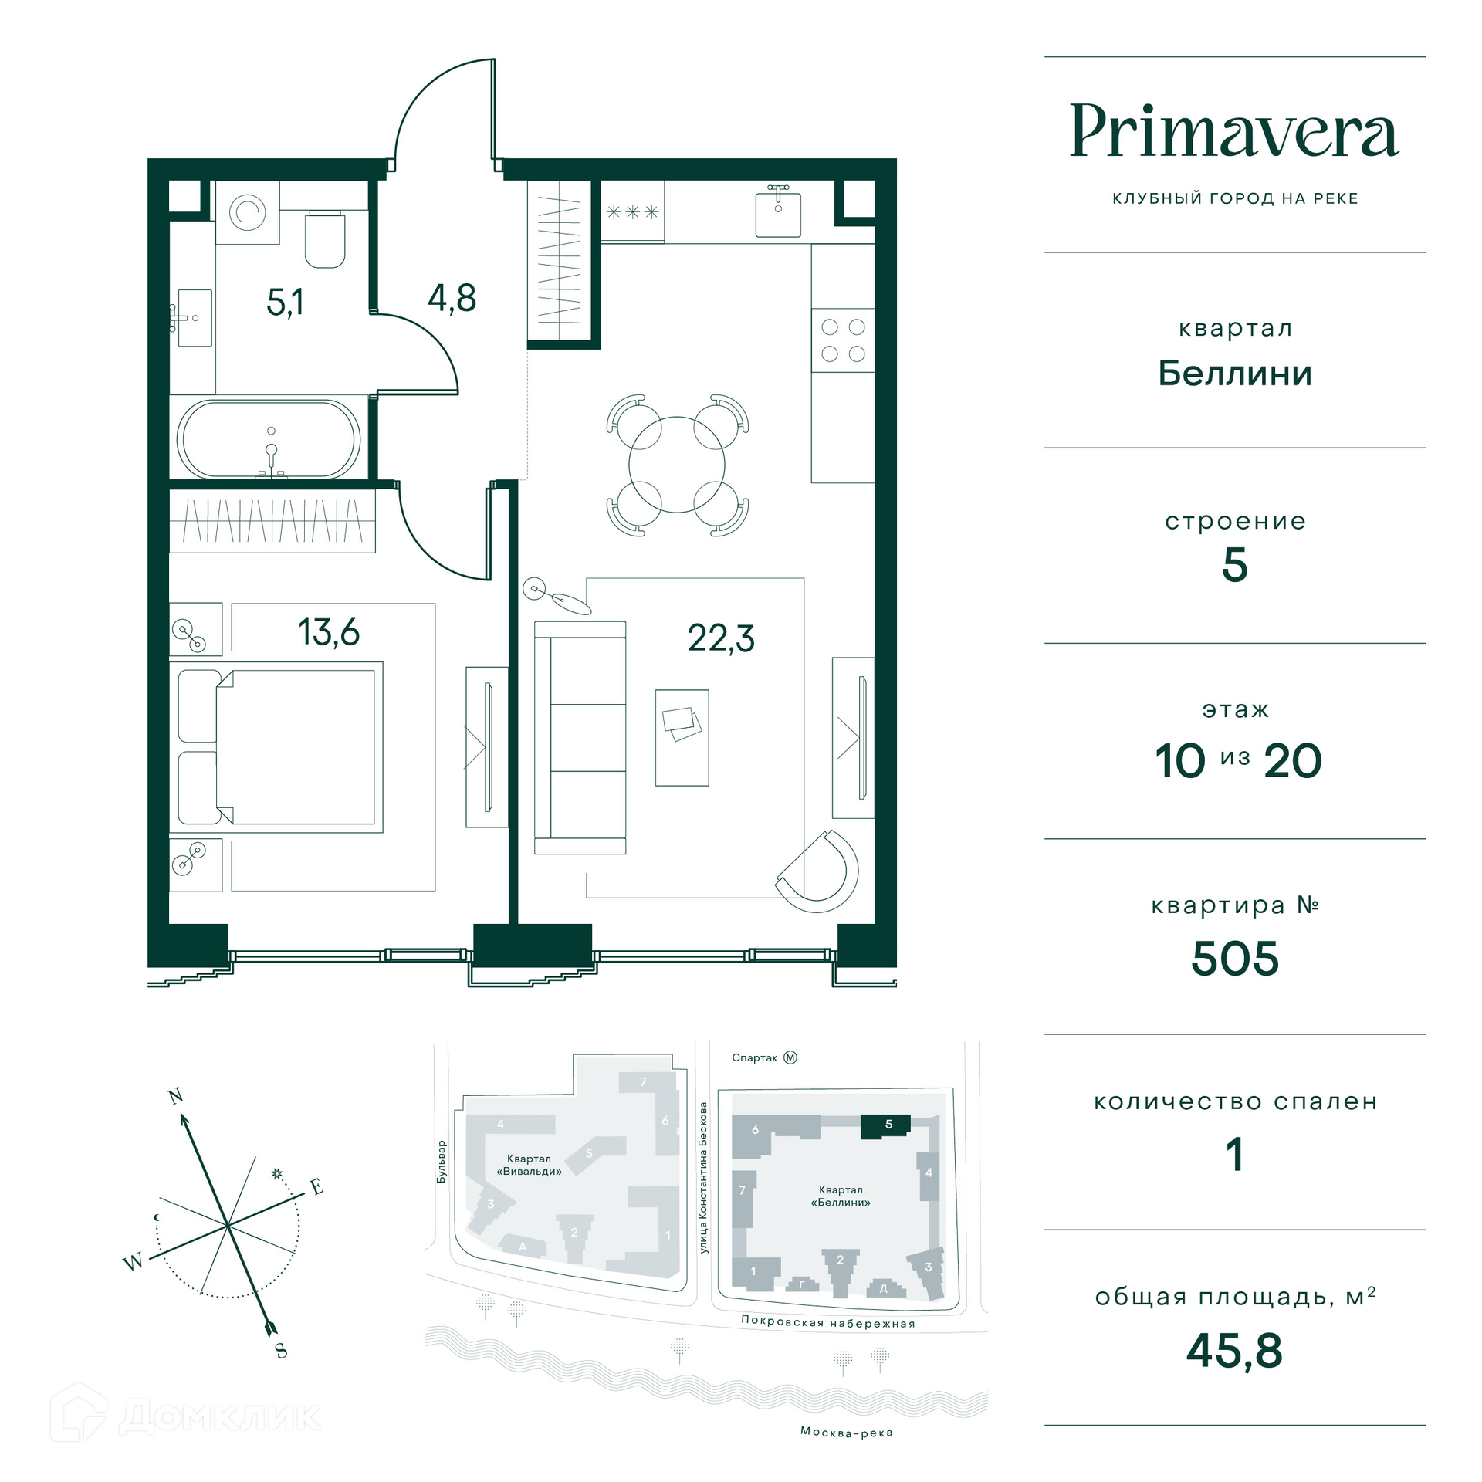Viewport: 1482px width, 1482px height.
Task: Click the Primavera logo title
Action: (x=1234, y=131)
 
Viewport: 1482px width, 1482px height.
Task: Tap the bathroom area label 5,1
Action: (x=285, y=302)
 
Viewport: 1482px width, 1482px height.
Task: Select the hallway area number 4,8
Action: (x=452, y=298)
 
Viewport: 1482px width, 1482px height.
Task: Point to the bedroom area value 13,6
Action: (x=329, y=632)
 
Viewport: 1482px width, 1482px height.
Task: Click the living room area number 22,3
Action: (x=721, y=638)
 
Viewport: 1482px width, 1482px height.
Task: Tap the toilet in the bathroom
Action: (x=325, y=239)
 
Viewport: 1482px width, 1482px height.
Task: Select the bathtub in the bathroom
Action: (x=269, y=439)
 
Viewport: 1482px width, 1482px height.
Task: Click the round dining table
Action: (x=677, y=465)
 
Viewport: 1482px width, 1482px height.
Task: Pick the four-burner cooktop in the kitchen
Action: (x=843, y=340)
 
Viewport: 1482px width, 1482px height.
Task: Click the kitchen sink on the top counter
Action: (x=778, y=211)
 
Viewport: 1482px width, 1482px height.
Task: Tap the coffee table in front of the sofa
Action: (x=682, y=738)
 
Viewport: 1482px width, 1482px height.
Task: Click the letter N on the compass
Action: (x=176, y=1096)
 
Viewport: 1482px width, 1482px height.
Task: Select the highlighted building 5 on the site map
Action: (x=886, y=1126)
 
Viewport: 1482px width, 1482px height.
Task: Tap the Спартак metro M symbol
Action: (x=790, y=1057)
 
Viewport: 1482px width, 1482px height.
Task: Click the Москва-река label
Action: (x=847, y=1433)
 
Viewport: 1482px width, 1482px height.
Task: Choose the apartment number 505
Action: (x=1235, y=959)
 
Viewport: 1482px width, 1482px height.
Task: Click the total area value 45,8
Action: (x=1234, y=1351)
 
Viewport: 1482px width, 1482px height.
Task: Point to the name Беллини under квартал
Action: (x=1235, y=374)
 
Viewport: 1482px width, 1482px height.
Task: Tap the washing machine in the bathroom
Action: (x=247, y=212)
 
